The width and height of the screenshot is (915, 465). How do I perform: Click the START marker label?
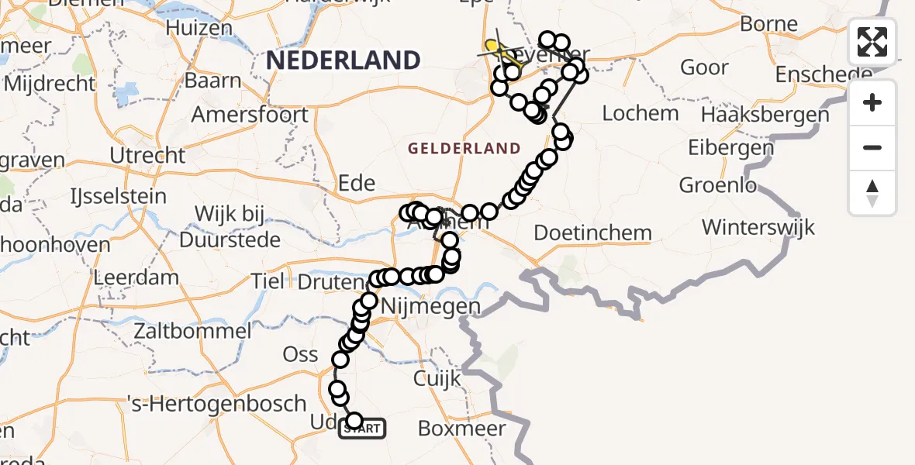point(362,429)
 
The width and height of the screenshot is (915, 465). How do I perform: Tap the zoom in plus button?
point(872,103)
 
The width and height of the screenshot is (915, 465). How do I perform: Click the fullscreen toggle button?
point(872,42)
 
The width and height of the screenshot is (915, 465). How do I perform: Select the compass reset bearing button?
point(872,193)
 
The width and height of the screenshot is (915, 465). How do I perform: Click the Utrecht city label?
point(147,156)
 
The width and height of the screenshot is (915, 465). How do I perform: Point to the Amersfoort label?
point(250,115)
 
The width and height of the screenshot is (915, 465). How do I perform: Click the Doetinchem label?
point(593,232)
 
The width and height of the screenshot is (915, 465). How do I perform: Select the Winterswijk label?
point(758,227)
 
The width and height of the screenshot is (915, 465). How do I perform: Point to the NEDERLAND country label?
point(343,60)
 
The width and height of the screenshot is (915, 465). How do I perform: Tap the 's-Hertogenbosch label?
point(216,404)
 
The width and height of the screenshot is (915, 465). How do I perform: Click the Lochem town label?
point(640,113)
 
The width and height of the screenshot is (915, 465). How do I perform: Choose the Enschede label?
point(823,75)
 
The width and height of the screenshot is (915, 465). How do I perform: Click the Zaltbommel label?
point(191,332)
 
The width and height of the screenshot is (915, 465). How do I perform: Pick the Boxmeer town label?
point(461,429)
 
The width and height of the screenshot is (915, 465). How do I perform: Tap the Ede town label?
point(357,184)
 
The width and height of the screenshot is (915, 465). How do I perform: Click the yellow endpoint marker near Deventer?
point(492,46)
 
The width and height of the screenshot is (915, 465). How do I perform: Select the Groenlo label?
point(717,186)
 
